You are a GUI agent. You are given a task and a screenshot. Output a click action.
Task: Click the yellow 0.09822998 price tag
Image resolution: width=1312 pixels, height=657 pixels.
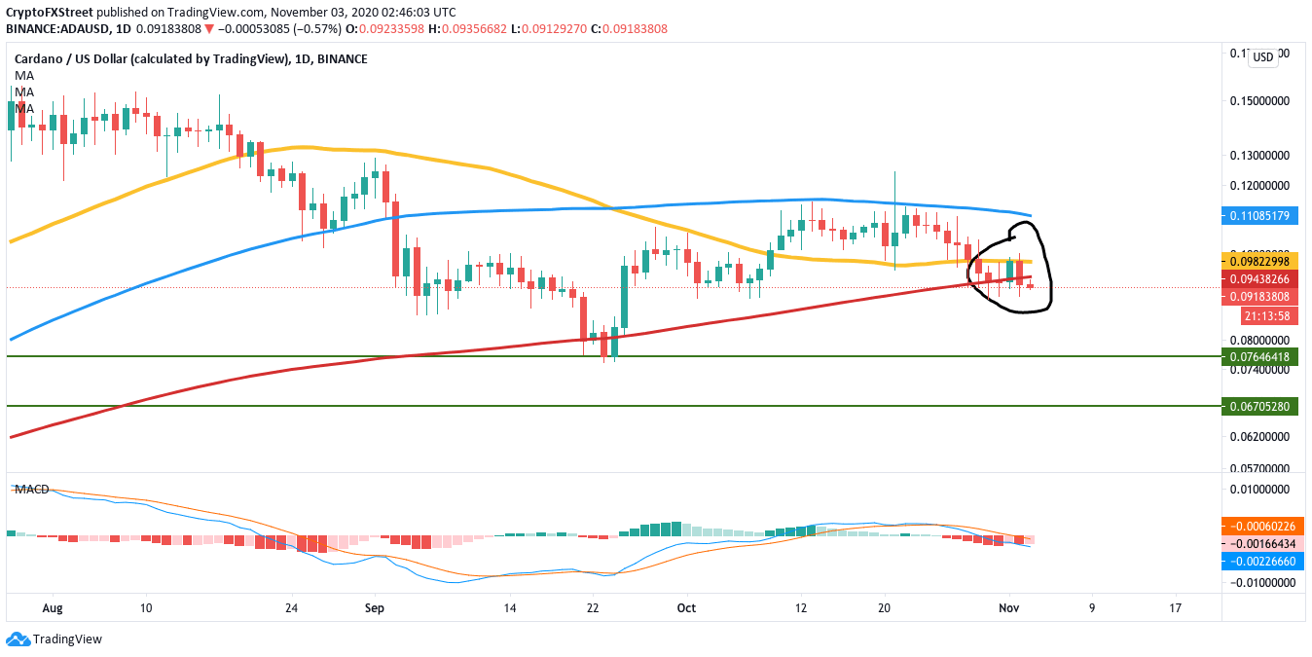coord(1259,262)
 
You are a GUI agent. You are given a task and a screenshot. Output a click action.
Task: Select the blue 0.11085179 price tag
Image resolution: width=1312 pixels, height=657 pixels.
coord(1259,214)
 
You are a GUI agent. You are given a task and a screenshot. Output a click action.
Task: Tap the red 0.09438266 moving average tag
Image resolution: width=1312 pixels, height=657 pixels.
coord(1259,278)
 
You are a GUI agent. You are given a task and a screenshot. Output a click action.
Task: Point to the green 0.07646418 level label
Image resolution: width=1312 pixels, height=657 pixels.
coord(1259,356)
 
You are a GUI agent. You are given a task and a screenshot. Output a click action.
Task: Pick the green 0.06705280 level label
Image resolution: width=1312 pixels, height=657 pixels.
coord(1259,405)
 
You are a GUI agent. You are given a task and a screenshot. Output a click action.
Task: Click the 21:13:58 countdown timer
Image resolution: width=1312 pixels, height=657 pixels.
coord(1259,315)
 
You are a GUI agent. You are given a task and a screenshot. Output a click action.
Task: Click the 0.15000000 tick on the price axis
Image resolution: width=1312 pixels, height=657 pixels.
coord(1262,101)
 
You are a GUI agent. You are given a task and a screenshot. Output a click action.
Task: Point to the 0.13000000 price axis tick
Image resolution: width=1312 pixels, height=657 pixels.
coord(1262,156)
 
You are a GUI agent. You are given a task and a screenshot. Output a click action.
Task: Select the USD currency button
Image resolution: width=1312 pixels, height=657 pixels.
coord(1262,57)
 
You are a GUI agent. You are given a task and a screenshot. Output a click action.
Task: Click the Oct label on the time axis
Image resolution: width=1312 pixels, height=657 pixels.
coord(686,607)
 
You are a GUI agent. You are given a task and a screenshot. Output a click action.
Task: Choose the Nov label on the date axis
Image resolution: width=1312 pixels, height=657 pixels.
coord(1009,607)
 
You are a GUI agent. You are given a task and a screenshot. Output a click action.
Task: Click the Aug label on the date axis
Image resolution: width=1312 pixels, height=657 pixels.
coord(54,607)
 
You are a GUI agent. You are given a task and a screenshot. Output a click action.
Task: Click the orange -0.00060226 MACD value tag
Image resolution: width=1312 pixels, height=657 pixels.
coord(1259,526)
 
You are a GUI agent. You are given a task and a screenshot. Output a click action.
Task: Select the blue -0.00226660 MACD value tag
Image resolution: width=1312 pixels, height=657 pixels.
coord(1259,561)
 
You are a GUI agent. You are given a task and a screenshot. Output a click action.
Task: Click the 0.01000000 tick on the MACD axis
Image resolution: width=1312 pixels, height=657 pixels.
coord(1262,489)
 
